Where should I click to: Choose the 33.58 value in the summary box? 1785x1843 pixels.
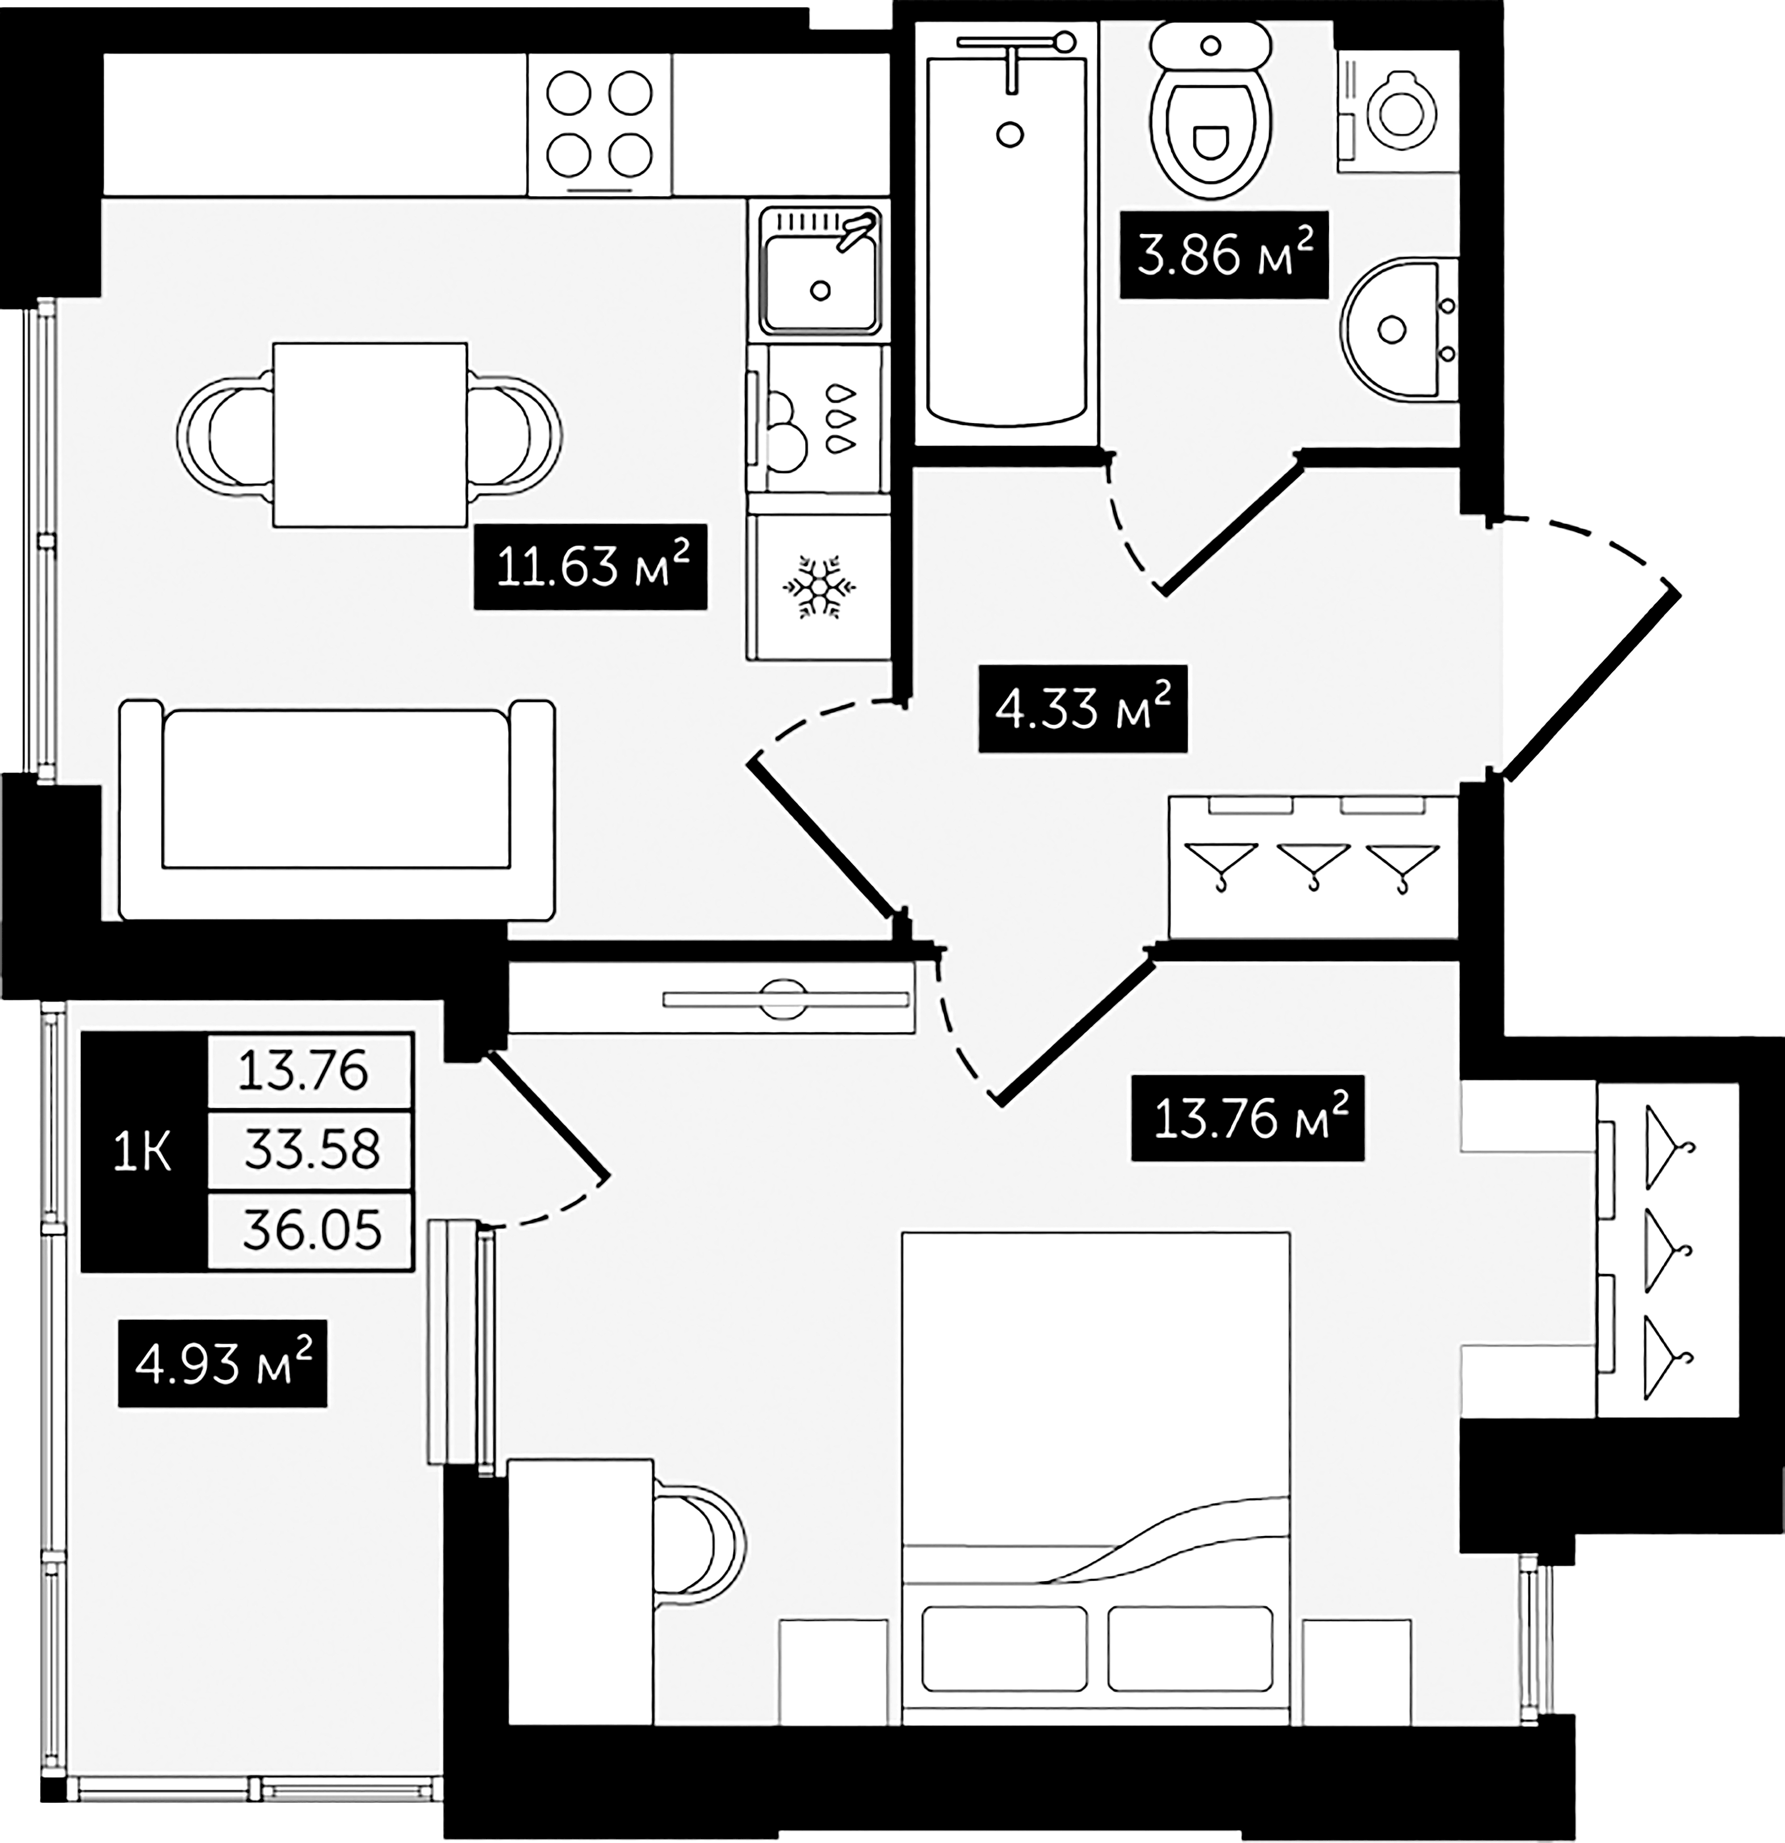coord(310,1149)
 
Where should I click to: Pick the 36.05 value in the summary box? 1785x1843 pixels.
coord(310,1230)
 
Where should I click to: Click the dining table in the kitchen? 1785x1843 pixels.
coord(369,434)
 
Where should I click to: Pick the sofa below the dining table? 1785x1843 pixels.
coord(336,810)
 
